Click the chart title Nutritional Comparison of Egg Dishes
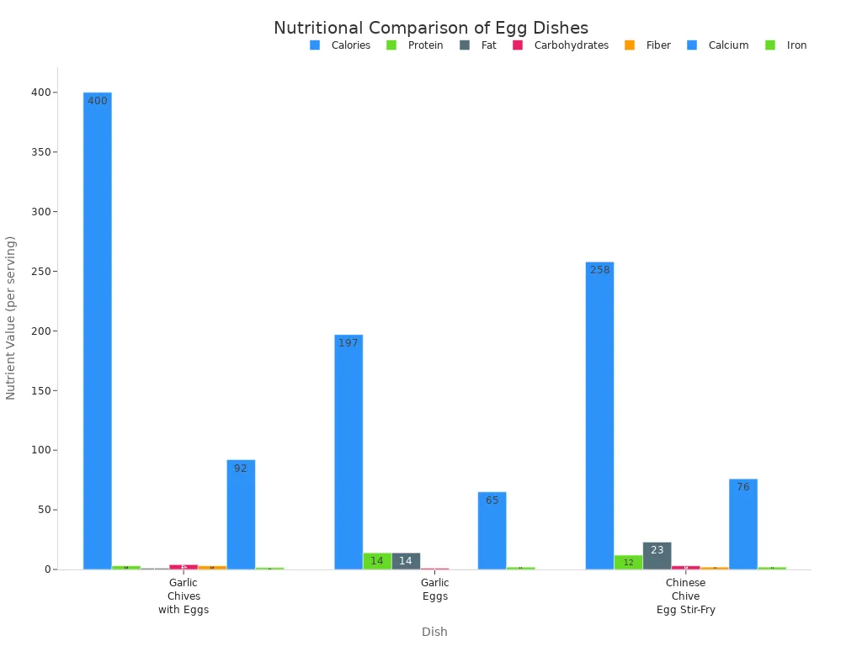coord(431,28)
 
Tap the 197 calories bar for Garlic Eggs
coord(349,452)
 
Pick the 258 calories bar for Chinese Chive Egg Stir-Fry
coord(599,416)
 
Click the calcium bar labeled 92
coord(241,514)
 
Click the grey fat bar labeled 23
coord(657,555)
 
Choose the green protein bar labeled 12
coord(628,562)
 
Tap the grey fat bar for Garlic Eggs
coord(406,560)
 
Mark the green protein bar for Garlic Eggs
coord(377,560)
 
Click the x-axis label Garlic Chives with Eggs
coord(184,596)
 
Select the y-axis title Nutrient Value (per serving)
coord(11,317)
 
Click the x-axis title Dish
coord(434,632)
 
